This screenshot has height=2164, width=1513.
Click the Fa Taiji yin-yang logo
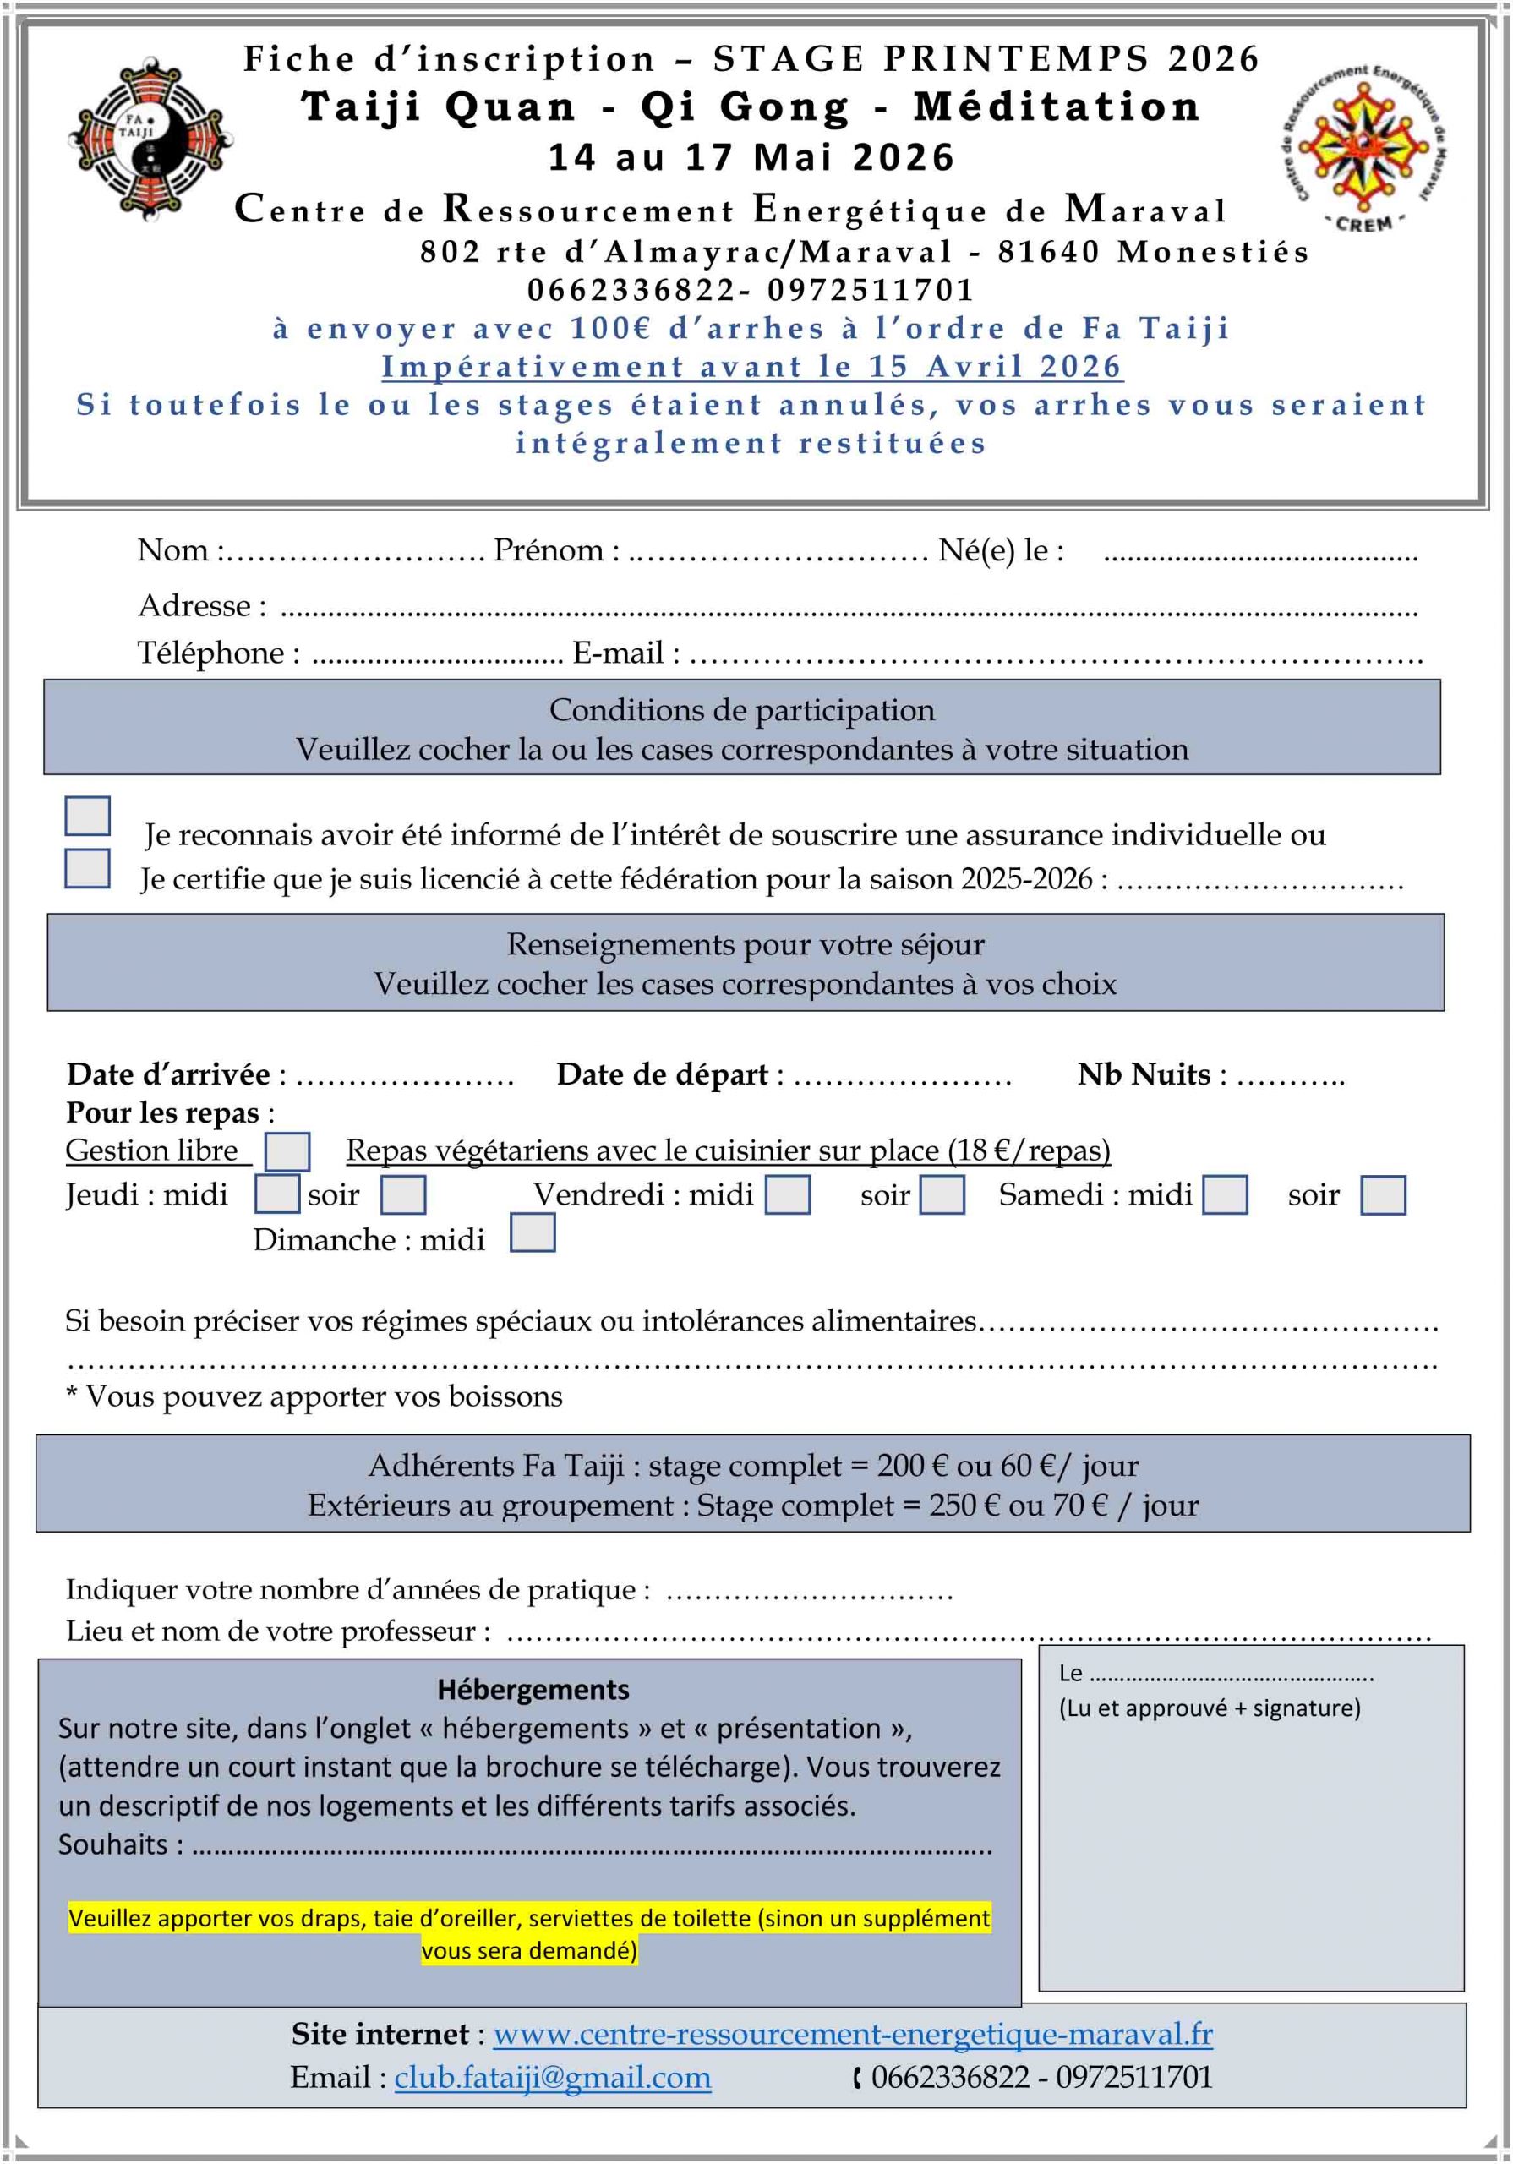(x=149, y=139)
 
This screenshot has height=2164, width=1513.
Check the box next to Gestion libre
(x=287, y=1150)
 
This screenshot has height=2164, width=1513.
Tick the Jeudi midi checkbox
(x=278, y=1194)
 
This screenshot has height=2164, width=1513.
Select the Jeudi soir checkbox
(x=402, y=1194)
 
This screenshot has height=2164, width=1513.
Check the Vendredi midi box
(x=787, y=1194)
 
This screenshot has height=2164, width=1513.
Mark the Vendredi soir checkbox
(x=942, y=1194)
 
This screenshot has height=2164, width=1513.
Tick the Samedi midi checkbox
(x=1225, y=1194)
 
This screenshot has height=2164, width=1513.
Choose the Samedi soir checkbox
(x=1383, y=1194)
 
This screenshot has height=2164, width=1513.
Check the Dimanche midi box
(x=533, y=1232)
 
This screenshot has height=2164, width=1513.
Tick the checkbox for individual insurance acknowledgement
(x=88, y=815)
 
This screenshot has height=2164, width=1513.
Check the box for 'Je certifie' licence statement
(x=88, y=868)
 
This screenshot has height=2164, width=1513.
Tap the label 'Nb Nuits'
(x=1144, y=1074)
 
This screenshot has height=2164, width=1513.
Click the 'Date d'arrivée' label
(x=169, y=1074)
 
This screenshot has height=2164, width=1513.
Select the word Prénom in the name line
(x=549, y=549)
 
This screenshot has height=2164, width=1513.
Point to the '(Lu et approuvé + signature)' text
(x=1210, y=1708)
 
